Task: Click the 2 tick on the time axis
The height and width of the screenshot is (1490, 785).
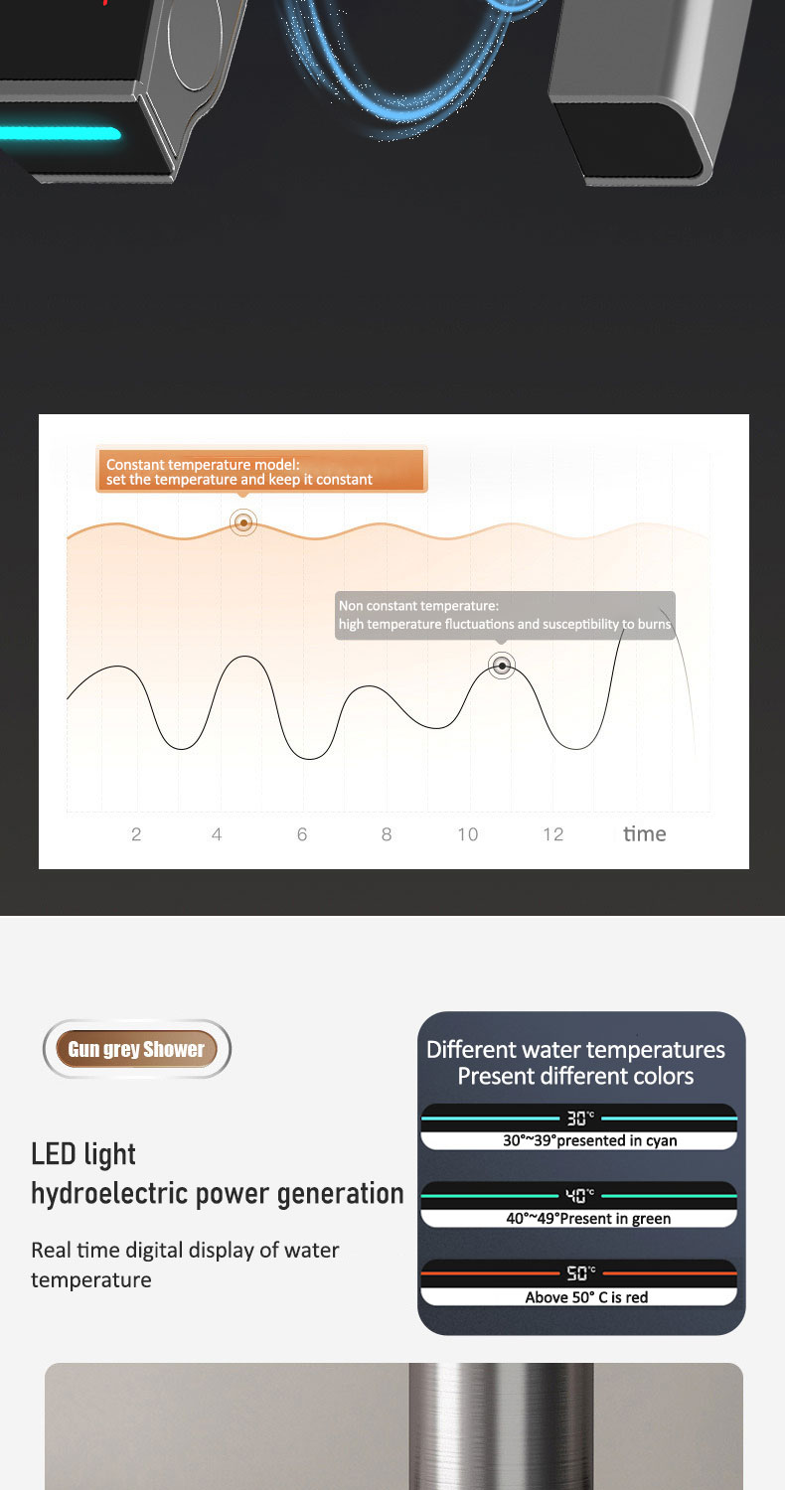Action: click(136, 834)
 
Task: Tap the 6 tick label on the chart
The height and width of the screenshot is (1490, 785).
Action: click(302, 834)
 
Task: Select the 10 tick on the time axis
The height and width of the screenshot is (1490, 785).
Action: click(468, 834)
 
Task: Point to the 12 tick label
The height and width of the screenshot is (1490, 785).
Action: click(552, 834)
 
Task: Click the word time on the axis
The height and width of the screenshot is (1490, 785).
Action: click(644, 833)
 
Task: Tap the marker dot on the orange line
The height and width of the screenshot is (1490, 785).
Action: click(243, 522)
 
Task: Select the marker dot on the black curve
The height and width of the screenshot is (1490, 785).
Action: click(502, 666)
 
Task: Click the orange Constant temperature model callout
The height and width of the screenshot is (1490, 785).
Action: click(261, 471)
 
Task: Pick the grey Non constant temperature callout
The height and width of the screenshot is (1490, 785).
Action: click(505, 615)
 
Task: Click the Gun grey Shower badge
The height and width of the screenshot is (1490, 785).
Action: click(136, 1049)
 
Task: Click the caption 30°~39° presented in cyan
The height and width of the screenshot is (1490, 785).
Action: click(590, 1140)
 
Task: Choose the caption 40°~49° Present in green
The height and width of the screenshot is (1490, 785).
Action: click(588, 1218)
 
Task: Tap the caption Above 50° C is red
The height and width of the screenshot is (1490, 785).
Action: click(586, 1297)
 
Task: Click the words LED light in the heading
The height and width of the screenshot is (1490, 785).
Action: click(83, 1154)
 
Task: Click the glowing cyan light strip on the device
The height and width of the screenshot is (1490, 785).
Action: click(60, 134)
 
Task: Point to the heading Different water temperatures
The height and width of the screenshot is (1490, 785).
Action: click(575, 1050)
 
